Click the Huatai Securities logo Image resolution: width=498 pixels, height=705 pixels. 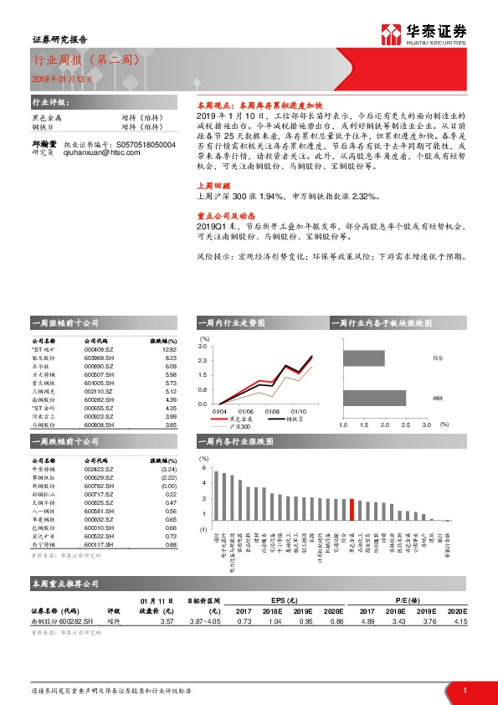tap(427, 33)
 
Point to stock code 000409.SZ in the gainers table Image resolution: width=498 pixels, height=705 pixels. tap(99, 351)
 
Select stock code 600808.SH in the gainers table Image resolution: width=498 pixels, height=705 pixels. tap(100, 425)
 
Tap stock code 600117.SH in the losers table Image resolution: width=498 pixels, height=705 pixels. tap(100, 544)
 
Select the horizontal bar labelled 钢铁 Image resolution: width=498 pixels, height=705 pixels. tap(374, 399)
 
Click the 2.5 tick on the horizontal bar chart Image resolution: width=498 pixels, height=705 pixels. tap(405, 425)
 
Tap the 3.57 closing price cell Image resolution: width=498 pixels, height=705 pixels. tap(167, 620)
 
